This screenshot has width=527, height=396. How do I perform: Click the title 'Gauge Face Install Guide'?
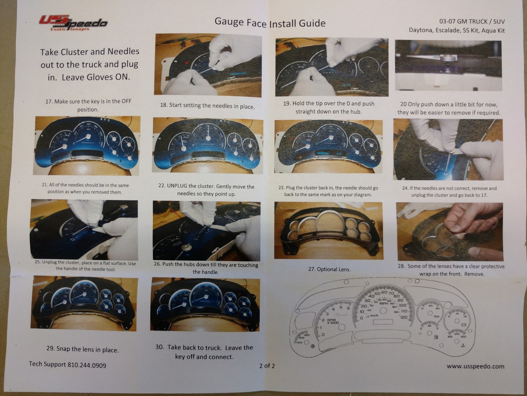coord(270,22)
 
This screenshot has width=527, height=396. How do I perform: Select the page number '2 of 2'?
coord(267,366)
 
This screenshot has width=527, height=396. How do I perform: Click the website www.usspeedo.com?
coord(475,366)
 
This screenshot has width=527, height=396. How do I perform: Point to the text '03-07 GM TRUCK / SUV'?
coord(472,21)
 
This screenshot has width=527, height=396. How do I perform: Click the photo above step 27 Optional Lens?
coord(328,230)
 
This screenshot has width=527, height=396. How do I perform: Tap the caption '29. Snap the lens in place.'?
coord(82,349)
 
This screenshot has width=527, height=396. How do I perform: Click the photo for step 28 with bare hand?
coord(449,231)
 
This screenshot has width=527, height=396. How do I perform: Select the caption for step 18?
coord(207,106)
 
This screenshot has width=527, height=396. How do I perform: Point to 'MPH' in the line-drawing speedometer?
coord(383,303)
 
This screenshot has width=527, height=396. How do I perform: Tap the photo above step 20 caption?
coord(448,66)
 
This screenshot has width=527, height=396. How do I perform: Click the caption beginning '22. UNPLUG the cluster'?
coord(206,190)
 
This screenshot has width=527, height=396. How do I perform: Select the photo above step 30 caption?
coord(205,304)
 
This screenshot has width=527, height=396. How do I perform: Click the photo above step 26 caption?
coord(206,230)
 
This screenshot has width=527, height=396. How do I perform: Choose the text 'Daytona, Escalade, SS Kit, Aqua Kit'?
coord(456,30)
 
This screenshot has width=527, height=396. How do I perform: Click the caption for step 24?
coord(449,192)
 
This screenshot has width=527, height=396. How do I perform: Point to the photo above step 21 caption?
coord(86,145)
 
